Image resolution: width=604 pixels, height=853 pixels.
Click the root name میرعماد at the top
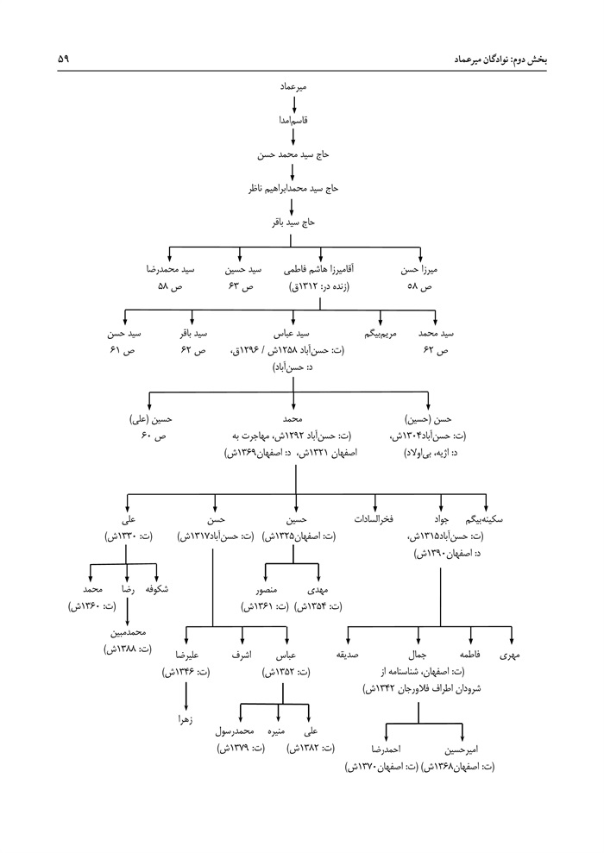pyautogui.click(x=295, y=87)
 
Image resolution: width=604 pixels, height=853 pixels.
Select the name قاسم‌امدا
pyautogui.click(x=295, y=122)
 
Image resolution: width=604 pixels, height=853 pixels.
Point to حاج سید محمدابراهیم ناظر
pyautogui.click(x=295, y=188)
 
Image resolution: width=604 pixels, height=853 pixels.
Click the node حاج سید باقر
pyautogui.click(x=295, y=222)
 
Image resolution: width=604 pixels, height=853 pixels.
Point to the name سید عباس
pyautogui.click(x=293, y=334)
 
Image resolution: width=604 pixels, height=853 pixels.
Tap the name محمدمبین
pyautogui.click(x=127, y=632)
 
